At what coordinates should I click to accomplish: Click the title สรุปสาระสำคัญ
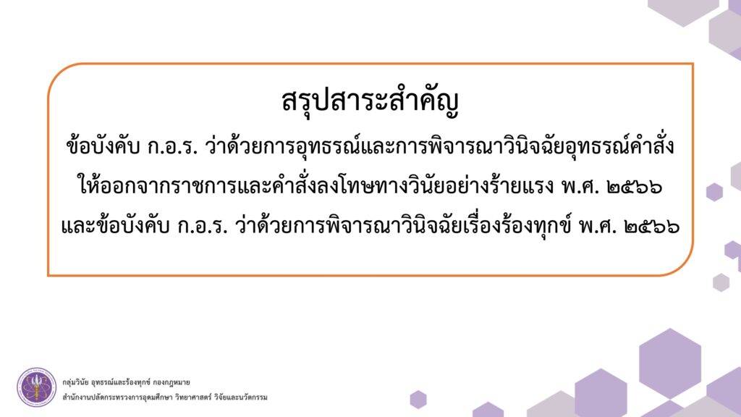pos(370,101)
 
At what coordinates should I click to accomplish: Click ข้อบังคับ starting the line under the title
pos(103,146)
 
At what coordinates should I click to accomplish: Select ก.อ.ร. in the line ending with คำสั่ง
pos(172,147)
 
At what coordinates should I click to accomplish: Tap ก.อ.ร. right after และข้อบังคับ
pos(203,227)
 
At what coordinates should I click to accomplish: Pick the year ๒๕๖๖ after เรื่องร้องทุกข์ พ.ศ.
pos(652,227)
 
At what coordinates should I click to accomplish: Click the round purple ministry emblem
pos(36,387)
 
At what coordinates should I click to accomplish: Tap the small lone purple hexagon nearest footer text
pos(418,400)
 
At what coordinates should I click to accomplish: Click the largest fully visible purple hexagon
pos(669,363)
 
